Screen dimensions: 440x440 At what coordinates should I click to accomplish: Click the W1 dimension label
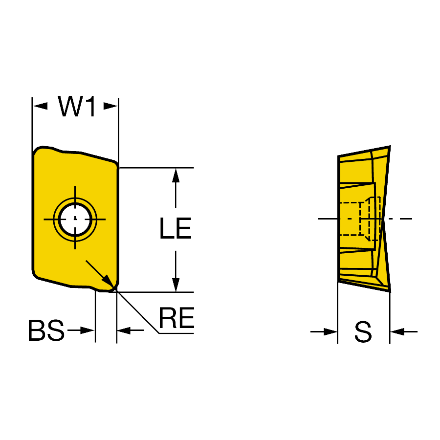point(77,106)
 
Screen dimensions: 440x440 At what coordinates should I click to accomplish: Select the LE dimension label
point(176,228)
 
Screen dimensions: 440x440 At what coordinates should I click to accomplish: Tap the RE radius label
point(176,318)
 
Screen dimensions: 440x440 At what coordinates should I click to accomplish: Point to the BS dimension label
point(46,330)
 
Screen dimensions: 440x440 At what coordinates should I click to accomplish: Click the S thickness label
point(363,331)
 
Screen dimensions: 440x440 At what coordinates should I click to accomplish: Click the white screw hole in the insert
point(75,219)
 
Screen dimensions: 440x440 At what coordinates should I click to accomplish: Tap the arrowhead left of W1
point(40,106)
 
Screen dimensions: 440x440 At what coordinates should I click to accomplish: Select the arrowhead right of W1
point(110,106)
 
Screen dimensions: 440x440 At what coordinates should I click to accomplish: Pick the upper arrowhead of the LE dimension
point(176,176)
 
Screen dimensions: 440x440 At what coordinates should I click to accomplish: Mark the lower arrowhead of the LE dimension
point(176,285)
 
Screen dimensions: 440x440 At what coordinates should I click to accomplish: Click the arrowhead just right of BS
point(87,330)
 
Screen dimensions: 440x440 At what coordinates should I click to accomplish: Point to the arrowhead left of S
point(330,331)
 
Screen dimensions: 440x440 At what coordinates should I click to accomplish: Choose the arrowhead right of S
point(397,331)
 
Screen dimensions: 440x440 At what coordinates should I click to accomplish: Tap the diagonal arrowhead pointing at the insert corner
point(108,282)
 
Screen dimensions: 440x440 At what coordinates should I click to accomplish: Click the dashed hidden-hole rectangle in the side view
point(360,219)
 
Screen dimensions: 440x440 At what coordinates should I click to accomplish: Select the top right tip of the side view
point(390,147)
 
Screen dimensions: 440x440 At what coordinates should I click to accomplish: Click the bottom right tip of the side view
point(390,291)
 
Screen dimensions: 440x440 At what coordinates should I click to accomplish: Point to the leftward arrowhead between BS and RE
point(124,330)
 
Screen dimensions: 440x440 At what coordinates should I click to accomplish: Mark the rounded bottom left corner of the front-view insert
point(35,276)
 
